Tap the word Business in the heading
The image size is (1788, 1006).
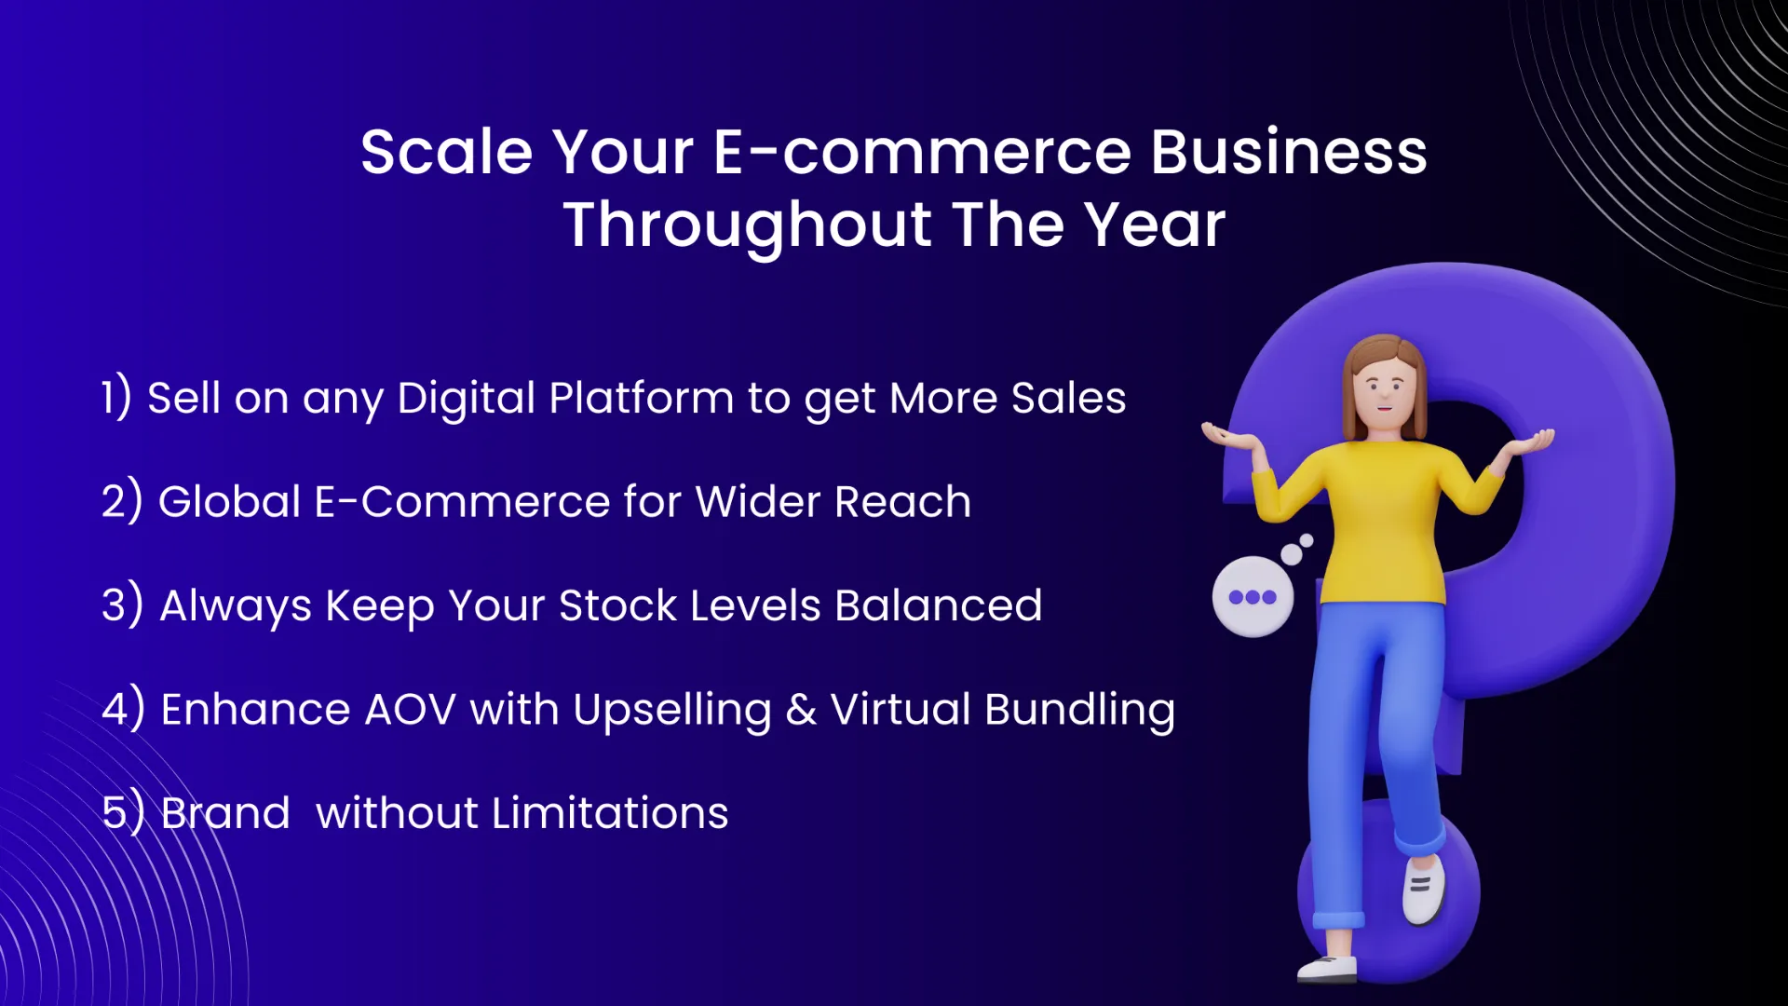(1288, 152)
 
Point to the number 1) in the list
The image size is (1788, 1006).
(116, 398)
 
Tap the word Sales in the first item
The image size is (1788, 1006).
(1068, 399)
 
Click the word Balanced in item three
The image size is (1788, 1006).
(938, 606)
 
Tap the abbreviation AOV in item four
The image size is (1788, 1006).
(410, 710)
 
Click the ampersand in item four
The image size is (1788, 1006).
(801, 710)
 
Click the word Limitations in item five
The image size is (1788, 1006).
(610, 813)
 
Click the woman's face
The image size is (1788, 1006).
(1385, 389)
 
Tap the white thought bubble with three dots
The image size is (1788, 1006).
(1253, 597)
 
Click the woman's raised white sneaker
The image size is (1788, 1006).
(1423, 890)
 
